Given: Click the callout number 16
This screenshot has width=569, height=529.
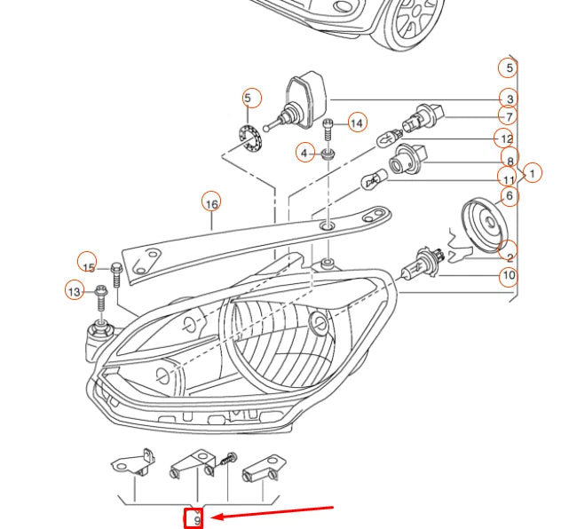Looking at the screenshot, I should (210, 203).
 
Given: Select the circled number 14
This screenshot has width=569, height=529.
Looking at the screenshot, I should (356, 123).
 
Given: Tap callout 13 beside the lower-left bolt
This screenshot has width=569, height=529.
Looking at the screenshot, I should (75, 290).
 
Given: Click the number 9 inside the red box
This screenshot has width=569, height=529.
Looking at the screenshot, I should (196, 520).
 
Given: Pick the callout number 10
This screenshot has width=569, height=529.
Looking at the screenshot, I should (508, 276).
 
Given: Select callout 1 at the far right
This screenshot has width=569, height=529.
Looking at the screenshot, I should (532, 173).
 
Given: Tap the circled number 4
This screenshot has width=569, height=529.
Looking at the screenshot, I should (304, 154).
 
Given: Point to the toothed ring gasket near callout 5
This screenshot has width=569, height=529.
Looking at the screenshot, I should (251, 138).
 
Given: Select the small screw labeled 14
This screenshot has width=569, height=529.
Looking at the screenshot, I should (328, 127).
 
